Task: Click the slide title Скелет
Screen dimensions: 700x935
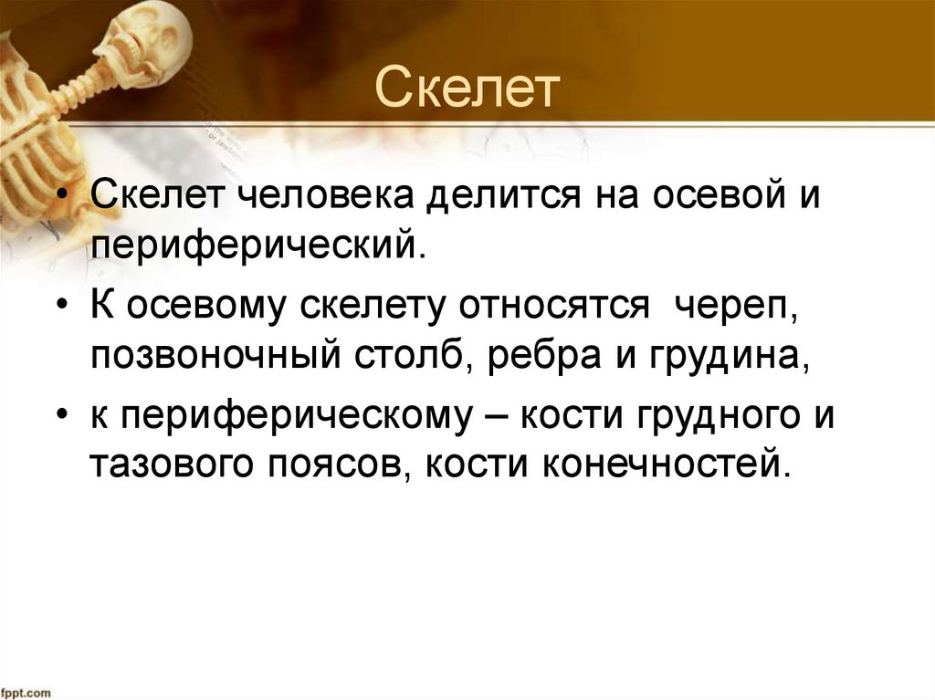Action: (x=467, y=89)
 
